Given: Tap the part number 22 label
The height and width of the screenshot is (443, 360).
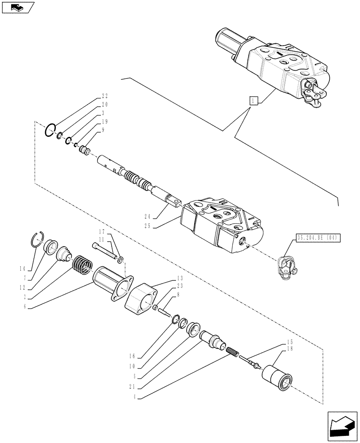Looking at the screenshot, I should coord(105,96).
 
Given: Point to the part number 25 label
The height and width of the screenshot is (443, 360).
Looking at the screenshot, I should coord(147,225).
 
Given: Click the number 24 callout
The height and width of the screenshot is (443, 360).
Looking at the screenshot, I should coord(147,217).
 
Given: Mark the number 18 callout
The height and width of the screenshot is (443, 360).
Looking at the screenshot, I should coord(290,350).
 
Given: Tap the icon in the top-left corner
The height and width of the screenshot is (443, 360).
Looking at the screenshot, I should coord(17,7).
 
